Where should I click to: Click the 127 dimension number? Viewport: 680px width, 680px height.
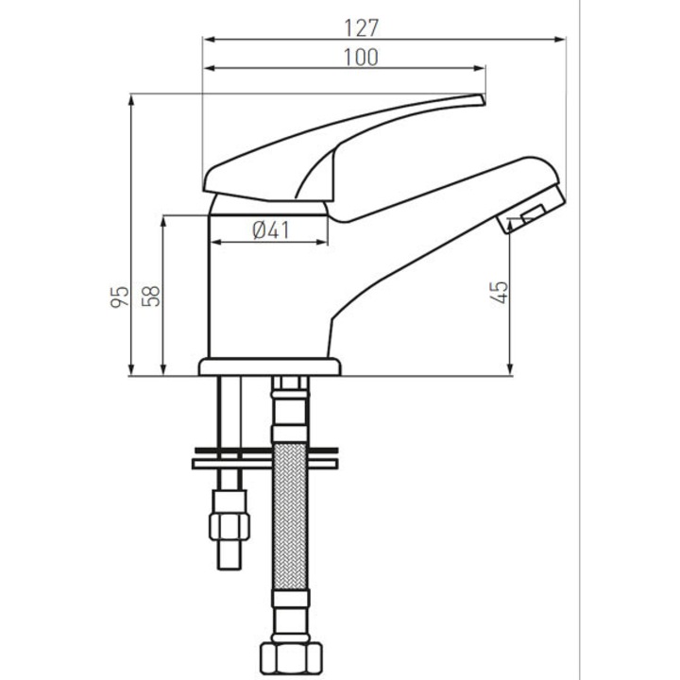[361, 27]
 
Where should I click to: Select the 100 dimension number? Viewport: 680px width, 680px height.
[361, 58]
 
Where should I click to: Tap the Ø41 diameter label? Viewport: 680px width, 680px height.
[271, 229]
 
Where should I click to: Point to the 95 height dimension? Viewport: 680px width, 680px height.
[120, 297]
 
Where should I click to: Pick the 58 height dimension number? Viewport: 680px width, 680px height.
[151, 297]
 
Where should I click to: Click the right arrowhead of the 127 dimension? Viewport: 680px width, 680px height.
[560, 40]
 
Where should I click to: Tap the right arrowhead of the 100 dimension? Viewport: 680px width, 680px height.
[479, 68]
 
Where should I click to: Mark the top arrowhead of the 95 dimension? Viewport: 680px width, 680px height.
[131, 99]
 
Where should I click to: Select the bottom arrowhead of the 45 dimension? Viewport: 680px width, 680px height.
[510, 369]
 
